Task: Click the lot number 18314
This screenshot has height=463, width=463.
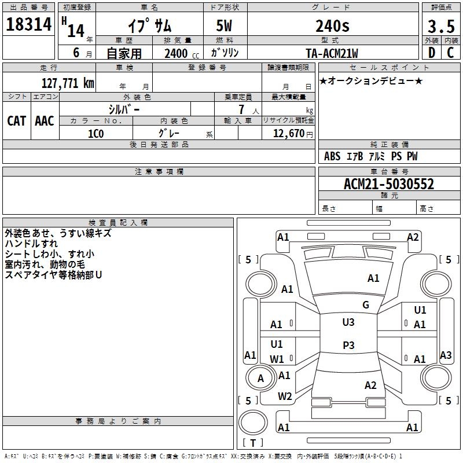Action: pos(29,25)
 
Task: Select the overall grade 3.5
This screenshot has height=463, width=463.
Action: pos(440,26)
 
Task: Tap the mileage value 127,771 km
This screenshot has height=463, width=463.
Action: pos(68,83)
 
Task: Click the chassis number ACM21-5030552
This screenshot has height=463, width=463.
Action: pos(388,185)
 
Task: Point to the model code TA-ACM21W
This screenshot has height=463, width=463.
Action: pos(332,53)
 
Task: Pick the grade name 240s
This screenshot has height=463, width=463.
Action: pos(332,26)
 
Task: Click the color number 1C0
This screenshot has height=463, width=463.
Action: pos(95,133)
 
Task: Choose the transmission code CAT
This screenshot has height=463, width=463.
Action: pos(16,120)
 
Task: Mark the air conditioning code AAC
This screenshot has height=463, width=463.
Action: pos(45,120)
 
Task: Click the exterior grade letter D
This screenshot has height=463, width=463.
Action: pos(431,53)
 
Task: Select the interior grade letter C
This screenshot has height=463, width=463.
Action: pos(450,53)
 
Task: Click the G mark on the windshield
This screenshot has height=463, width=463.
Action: pos(365,304)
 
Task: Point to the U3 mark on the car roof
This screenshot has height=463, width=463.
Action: pos(348,322)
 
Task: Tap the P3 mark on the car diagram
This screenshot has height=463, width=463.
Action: pos(348,345)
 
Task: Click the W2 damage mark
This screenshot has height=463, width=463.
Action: pos(284,396)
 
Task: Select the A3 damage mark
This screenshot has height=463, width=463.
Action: pos(445,355)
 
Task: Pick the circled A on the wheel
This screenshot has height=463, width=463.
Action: pos(260,379)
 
